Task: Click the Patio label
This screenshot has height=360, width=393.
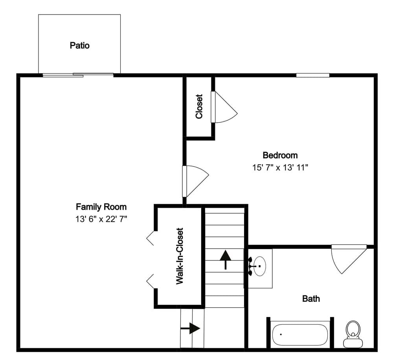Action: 80,45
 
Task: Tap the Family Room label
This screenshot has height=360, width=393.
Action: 101,207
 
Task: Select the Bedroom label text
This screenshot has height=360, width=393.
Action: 280,155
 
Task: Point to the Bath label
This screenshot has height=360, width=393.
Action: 311,299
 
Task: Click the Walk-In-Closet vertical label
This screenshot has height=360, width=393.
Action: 180,256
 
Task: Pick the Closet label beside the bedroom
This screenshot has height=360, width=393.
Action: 199,106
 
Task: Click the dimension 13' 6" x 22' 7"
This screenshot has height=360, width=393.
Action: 101,219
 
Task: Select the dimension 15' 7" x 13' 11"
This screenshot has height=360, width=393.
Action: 280,167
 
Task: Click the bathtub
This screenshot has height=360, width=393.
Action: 299,334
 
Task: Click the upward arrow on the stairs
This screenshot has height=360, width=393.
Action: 225,259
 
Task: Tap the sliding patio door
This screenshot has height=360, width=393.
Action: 78,75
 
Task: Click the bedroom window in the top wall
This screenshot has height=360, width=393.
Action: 313,75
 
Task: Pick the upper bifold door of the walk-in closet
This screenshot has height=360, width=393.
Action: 150,238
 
